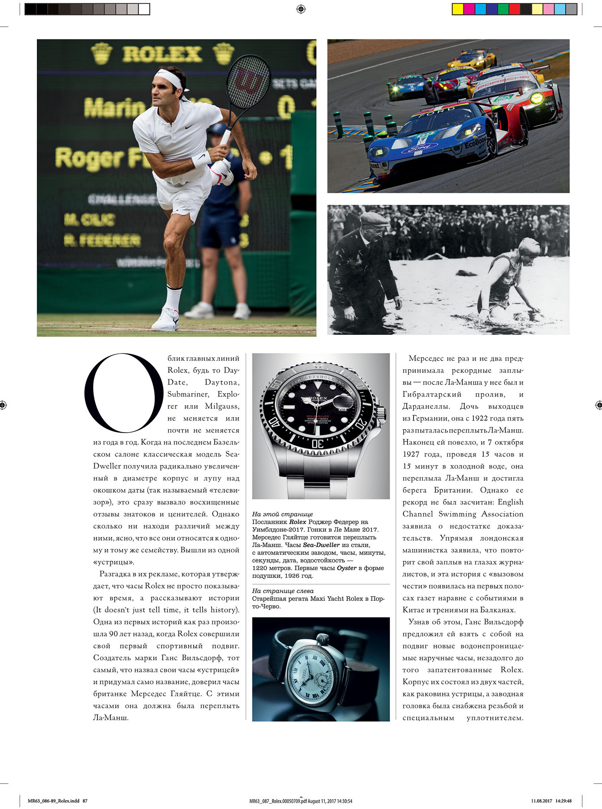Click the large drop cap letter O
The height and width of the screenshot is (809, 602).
[124, 393]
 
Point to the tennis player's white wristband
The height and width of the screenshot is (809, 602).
[201, 159]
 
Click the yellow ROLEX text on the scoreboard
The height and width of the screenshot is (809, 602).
[162, 54]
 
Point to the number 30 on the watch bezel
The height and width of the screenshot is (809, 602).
[317, 444]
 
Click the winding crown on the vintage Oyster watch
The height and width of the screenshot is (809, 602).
[323, 639]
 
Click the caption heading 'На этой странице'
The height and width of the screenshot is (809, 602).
[282, 514]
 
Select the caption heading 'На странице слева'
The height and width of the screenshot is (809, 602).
[283, 591]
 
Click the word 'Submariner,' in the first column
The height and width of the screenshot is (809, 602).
[188, 394]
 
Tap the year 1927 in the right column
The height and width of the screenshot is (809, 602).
[411, 454]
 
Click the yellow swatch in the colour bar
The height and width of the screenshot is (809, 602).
[457, 9]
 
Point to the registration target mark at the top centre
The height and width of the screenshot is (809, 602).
[301, 9]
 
